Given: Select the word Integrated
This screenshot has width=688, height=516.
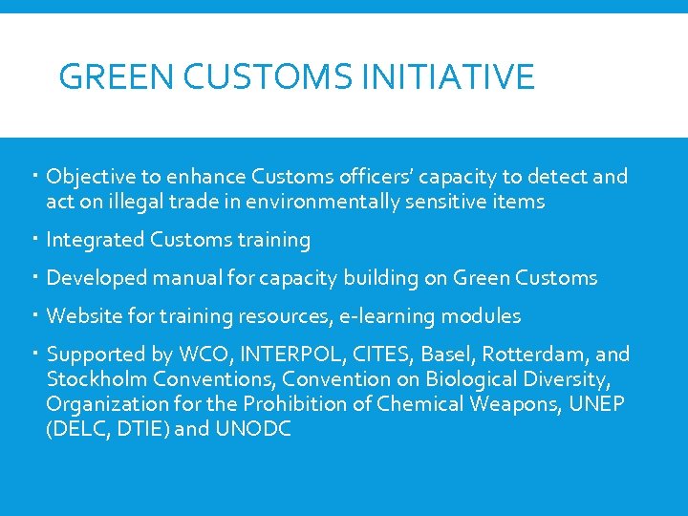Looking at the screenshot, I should (x=96, y=240).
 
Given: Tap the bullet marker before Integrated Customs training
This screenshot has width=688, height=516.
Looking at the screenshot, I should (x=33, y=240).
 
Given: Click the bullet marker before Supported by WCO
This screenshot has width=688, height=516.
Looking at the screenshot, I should (x=33, y=355).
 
